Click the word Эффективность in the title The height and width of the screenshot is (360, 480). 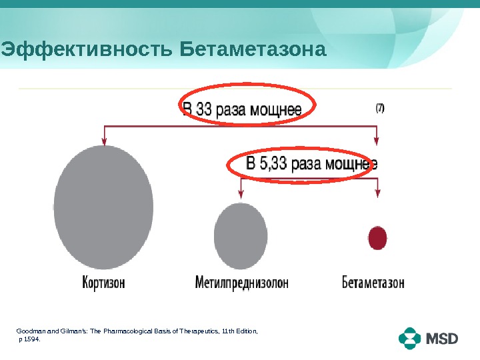coord(88,50)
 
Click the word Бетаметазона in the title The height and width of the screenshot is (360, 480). coord(254,50)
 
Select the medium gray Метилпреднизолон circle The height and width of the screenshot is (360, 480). coord(241,235)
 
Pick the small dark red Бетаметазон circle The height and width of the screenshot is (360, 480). coord(377,237)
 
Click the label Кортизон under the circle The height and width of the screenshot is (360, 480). coord(103,282)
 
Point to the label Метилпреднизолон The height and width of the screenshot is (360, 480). coord(241,282)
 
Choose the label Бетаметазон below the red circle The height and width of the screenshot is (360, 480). coord(373,282)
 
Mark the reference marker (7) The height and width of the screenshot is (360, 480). coord(379,107)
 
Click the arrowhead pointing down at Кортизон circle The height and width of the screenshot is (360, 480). coord(103,140)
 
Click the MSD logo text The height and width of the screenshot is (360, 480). coord(443,339)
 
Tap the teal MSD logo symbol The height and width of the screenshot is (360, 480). coord(411,339)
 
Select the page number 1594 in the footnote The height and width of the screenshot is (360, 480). coord(31,339)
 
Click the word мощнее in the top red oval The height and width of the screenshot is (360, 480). coord(275,109)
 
